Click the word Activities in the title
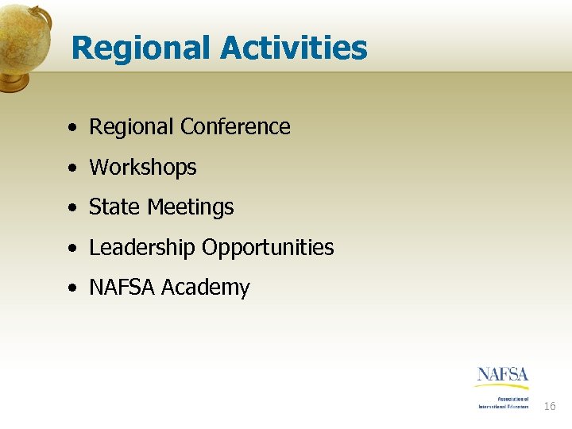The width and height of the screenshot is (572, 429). pyautogui.click(x=294, y=48)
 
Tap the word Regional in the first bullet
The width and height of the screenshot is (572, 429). pyautogui.click(x=131, y=126)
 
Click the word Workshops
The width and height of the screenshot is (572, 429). pyautogui.click(x=143, y=168)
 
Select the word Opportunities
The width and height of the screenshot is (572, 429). pyautogui.click(x=268, y=248)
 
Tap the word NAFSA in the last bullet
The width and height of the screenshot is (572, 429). pyautogui.click(x=122, y=288)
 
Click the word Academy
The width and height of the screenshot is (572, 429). pyautogui.click(x=206, y=288)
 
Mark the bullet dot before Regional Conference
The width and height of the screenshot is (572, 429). pyautogui.click(x=72, y=128)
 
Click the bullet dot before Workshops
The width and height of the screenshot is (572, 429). pyautogui.click(x=72, y=168)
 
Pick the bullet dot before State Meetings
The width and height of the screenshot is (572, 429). pyautogui.click(x=72, y=208)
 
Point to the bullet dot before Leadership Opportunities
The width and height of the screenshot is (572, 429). pyautogui.click(x=72, y=249)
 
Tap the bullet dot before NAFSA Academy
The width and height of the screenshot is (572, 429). pyautogui.click(x=72, y=288)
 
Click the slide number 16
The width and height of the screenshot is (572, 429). pyautogui.click(x=550, y=407)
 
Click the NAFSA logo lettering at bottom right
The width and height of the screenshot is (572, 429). pyautogui.click(x=503, y=375)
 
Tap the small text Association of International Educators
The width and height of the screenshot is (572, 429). pyautogui.click(x=503, y=403)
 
